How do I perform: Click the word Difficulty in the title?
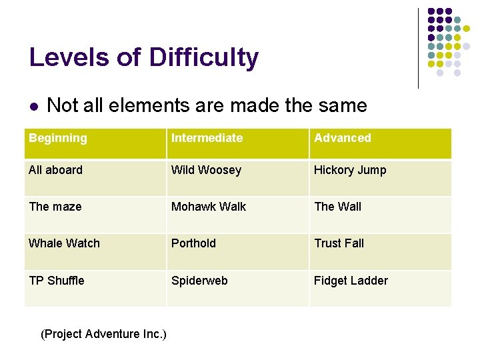[203, 58]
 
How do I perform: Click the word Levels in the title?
[69, 58]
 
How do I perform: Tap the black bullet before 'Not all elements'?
[33, 107]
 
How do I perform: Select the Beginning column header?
[58, 138]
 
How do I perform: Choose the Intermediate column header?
[207, 138]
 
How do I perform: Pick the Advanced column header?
[343, 138]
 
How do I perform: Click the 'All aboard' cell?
[56, 170]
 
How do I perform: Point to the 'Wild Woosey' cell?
[206, 170]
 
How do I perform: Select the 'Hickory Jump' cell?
[350, 170]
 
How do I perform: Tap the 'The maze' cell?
[55, 207]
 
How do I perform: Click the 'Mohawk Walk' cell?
[209, 207]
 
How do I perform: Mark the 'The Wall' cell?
[337, 207]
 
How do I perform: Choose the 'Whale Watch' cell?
[64, 243]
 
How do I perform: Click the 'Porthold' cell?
[193, 243]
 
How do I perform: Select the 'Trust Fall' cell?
[339, 243]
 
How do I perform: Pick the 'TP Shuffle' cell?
[57, 281]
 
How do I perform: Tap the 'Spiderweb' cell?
[199, 281]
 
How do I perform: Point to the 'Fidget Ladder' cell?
[351, 281]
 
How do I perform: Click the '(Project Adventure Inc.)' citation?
[103, 333]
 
